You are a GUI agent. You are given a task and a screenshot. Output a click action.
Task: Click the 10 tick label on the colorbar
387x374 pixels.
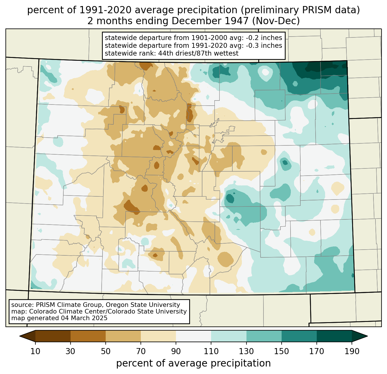(x=35, y=351)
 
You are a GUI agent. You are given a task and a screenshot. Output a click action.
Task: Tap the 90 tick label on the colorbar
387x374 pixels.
(x=176, y=351)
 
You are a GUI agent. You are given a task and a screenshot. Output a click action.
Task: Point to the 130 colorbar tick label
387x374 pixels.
(x=246, y=351)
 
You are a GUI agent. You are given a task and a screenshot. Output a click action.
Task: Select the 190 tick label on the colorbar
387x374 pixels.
(x=352, y=351)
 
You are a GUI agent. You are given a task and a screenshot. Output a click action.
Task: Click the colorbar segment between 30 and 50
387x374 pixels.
(x=88, y=336)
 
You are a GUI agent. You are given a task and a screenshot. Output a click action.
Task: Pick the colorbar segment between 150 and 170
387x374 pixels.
(x=299, y=336)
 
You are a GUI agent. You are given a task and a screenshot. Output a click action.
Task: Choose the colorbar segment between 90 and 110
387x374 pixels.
(x=193, y=336)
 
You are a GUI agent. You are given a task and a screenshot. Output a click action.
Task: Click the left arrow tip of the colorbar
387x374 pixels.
(x=20, y=336)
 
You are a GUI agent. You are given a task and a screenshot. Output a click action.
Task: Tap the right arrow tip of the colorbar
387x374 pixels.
(x=367, y=336)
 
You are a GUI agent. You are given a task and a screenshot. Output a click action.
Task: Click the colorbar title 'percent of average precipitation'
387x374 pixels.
(x=193, y=363)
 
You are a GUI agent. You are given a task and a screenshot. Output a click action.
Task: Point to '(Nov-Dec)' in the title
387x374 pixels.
(x=276, y=21)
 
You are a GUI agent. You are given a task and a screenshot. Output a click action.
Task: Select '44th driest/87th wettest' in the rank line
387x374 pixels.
(x=198, y=53)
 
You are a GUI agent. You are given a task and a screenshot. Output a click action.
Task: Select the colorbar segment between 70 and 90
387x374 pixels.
(x=158, y=336)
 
